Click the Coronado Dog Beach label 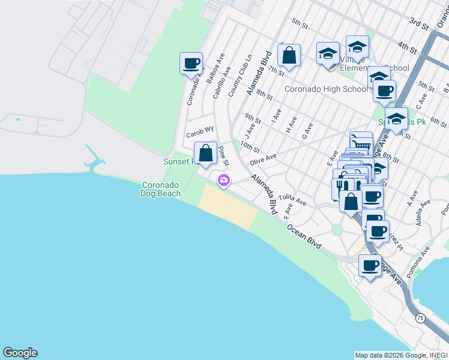tap(161, 189)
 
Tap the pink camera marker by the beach tap(224, 180)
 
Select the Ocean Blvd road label tap(304, 237)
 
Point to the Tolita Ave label tap(292, 199)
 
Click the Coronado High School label tap(326, 89)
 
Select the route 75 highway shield tap(420, 319)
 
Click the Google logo tap(20, 353)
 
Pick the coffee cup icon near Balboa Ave tap(191, 63)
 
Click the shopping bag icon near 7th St tap(289, 55)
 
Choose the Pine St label tap(223, 155)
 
